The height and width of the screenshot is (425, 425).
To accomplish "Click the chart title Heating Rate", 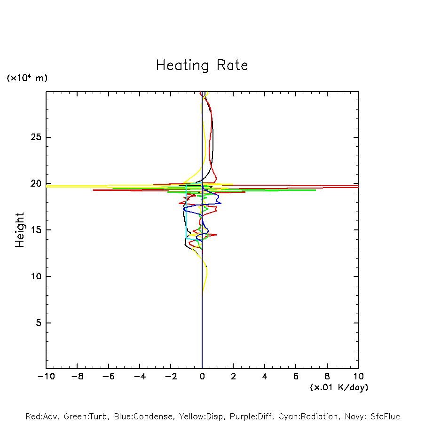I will tap(202, 65).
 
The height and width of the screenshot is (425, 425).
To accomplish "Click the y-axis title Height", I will tap(20, 230).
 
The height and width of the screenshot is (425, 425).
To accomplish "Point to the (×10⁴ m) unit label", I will tap(27, 78).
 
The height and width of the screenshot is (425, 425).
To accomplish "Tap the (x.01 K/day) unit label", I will tap(338, 387).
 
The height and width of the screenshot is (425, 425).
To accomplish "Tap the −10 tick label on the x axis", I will tap(46, 377).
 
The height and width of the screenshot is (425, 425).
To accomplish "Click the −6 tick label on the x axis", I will tap(108, 377).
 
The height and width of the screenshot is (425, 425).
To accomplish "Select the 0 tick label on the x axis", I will tap(202, 377).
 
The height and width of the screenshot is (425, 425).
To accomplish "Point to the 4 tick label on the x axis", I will tap(265, 377).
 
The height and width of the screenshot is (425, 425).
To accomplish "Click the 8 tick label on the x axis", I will tap(327, 377).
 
